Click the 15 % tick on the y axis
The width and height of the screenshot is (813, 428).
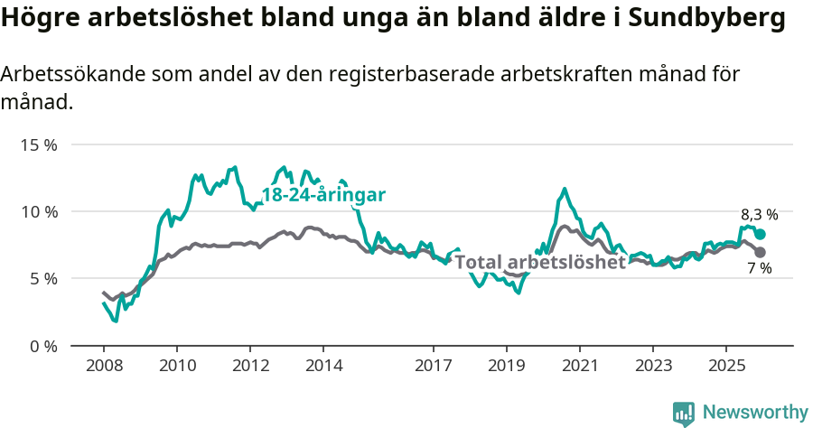coord(39,144)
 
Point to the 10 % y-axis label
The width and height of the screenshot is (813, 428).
coord(39,211)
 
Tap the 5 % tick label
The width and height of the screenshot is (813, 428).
coord(42,278)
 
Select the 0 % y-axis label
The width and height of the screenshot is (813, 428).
coord(42,346)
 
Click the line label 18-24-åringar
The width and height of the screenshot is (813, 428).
coord(323,195)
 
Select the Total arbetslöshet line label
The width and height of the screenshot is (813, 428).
coord(540,263)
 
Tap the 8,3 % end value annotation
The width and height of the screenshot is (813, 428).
coord(759,215)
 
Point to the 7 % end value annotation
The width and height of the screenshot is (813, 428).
coord(760,268)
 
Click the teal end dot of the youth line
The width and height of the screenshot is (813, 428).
coord(761,234)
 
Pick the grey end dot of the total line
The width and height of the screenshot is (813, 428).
coord(761,252)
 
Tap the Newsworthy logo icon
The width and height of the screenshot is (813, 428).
coord(684,414)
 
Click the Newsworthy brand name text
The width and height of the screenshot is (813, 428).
coord(754,413)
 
